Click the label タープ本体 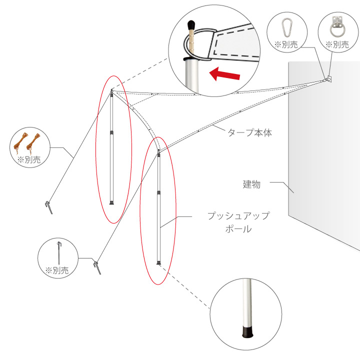tap(250, 133)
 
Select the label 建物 tap(252, 184)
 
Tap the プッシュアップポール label tap(238, 222)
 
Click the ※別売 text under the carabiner tap(286, 44)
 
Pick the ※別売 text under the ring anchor tap(337, 44)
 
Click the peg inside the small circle tap(58, 252)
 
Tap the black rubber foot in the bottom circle tap(247, 331)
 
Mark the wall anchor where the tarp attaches tap(328, 79)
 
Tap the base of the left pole tap(112, 202)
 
